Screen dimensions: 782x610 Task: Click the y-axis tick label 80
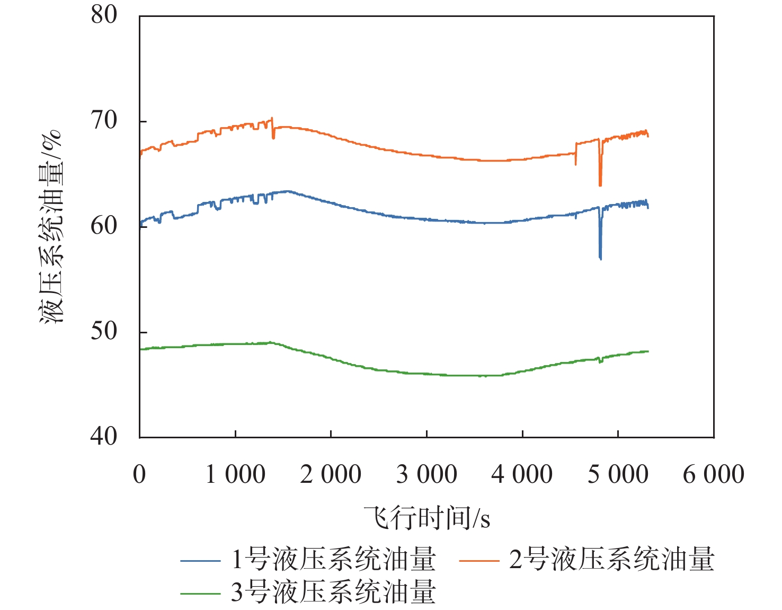(x=104, y=15)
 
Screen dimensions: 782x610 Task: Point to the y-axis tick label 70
(x=104, y=120)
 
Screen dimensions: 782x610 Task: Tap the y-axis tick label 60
(x=104, y=226)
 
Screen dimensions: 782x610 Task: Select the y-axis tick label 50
(x=104, y=331)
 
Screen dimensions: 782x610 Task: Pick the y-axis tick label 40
(x=104, y=436)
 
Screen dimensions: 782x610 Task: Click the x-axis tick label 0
(x=139, y=474)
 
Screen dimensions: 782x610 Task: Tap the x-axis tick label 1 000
(x=235, y=474)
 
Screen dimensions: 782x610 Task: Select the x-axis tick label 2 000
(x=331, y=474)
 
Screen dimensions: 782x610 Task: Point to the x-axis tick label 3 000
(x=426, y=474)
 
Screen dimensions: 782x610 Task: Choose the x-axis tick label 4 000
(x=522, y=474)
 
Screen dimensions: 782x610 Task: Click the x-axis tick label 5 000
(x=618, y=474)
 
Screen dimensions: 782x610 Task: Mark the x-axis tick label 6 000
(x=714, y=474)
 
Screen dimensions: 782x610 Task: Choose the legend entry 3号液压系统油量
(x=308, y=592)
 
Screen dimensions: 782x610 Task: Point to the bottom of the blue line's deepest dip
(x=600, y=259)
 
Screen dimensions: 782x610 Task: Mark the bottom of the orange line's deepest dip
(x=600, y=185)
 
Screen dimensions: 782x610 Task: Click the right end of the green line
(x=648, y=351)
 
